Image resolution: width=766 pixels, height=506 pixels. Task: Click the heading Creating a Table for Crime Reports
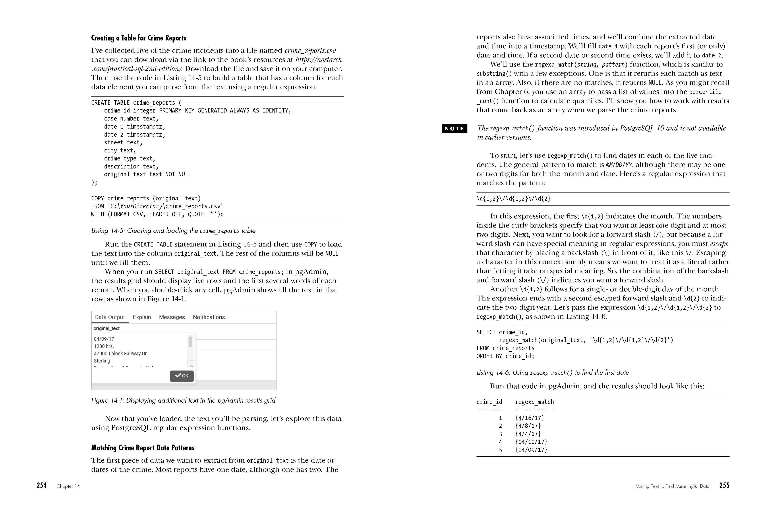(139, 38)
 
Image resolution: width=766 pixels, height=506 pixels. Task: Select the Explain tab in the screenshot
(142, 317)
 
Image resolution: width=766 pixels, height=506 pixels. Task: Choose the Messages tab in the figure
(172, 317)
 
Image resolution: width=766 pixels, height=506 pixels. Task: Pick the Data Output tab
(110, 317)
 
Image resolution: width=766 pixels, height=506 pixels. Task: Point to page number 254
(42, 485)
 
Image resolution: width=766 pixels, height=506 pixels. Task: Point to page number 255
(724, 485)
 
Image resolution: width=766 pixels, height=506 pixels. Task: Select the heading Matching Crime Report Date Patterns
(143, 448)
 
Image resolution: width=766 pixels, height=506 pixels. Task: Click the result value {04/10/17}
(531, 442)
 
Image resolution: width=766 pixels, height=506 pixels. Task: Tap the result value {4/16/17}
(529, 418)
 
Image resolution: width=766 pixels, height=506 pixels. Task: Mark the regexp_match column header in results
(534, 402)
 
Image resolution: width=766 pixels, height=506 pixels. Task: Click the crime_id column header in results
(489, 402)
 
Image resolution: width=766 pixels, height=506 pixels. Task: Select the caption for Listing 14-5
(173, 231)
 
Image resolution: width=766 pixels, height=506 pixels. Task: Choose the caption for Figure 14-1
(183, 400)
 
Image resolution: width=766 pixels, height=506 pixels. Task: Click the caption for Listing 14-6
(553, 373)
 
